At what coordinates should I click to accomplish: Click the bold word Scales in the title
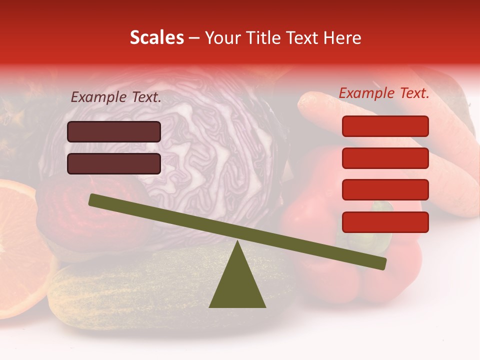[x=156, y=37]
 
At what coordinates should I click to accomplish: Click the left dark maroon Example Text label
[x=116, y=97]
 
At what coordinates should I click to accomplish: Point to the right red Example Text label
[x=384, y=93]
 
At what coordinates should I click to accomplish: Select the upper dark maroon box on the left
[x=114, y=131]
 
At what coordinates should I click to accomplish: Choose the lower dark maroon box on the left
[x=114, y=163]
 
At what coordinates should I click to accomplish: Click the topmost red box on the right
[x=385, y=126]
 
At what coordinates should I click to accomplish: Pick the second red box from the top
[x=385, y=158]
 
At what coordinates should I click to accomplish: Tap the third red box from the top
[x=385, y=190]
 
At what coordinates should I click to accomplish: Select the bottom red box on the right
[x=385, y=222]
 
